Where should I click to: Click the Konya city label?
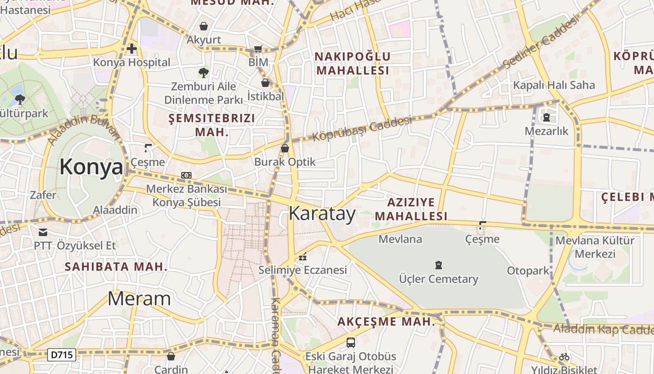91,167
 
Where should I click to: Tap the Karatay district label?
322,213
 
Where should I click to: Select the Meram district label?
139,298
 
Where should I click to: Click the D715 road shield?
62,355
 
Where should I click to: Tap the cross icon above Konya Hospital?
132,48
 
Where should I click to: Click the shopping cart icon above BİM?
258,49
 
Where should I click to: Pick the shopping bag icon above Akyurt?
203,26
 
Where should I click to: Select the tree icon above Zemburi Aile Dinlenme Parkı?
203,72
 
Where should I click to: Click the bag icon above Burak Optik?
284,148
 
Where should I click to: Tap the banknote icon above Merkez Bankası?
186,175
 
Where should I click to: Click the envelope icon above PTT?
43,232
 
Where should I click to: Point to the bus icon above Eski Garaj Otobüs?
350,343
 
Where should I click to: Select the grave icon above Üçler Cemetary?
438,266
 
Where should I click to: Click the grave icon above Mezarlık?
546,117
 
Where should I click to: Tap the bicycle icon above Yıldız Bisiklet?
564,357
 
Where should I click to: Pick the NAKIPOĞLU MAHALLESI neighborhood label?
352,64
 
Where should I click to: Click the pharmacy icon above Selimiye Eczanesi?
303,257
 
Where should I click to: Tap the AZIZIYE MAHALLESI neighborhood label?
411,209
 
